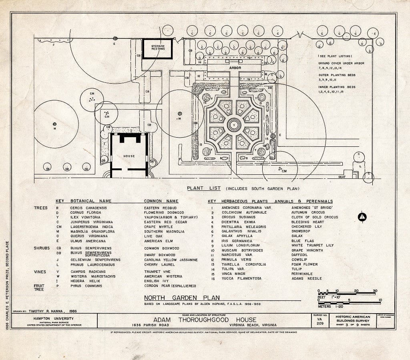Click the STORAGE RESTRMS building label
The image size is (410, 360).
tap(158, 48)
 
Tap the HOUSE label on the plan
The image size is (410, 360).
tap(129, 156)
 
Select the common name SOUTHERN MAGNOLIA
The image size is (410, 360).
tap(164, 231)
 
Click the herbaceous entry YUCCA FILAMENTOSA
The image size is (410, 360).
tap(241, 278)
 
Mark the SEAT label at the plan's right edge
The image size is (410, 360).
tap(342, 176)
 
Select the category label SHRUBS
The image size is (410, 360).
tap(42, 248)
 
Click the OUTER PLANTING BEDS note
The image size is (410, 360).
tap(341, 75)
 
